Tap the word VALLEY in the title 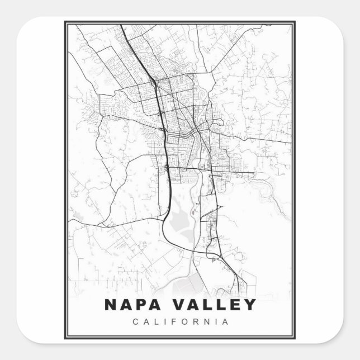(215, 305)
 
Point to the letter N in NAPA (110, 305)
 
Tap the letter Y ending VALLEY (249, 305)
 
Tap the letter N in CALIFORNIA (206, 321)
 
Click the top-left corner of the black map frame (65, 22)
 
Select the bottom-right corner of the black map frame (295, 339)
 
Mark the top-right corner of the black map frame (295, 22)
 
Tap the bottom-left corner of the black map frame (65, 339)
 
